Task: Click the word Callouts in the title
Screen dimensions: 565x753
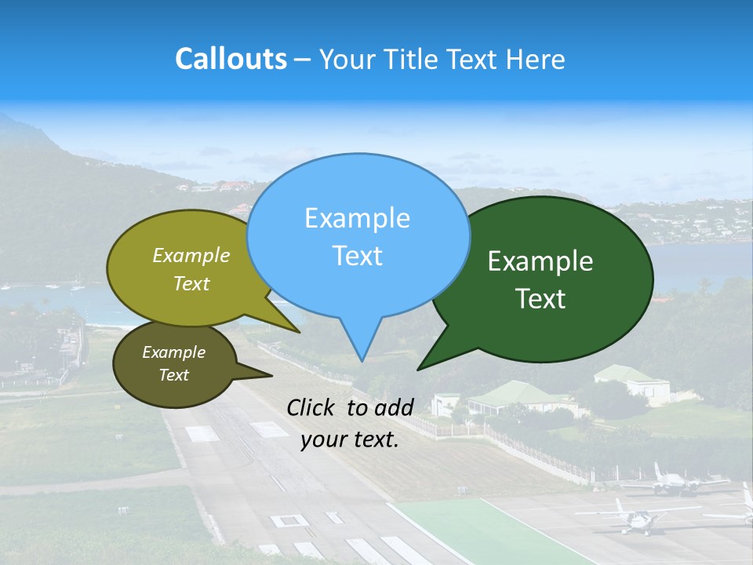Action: pos(231,59)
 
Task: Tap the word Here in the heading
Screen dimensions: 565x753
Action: pos(535,60)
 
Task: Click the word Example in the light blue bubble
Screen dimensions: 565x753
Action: pos(357,218)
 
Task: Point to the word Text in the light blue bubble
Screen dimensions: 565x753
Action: pos(357,256)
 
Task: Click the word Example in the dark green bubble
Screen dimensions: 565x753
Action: pos(540,261)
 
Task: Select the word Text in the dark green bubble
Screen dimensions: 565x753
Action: pos(541,299)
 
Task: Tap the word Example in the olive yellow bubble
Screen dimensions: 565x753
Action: pos(191,256)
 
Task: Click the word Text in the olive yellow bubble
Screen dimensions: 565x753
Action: pos(191,284)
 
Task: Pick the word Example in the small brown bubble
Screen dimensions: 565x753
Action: pos(173,352)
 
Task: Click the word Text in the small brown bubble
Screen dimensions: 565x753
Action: pos(173,375)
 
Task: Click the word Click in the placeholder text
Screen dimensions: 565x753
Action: pos(313,407)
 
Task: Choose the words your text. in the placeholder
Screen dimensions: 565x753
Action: pos(350,439)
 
